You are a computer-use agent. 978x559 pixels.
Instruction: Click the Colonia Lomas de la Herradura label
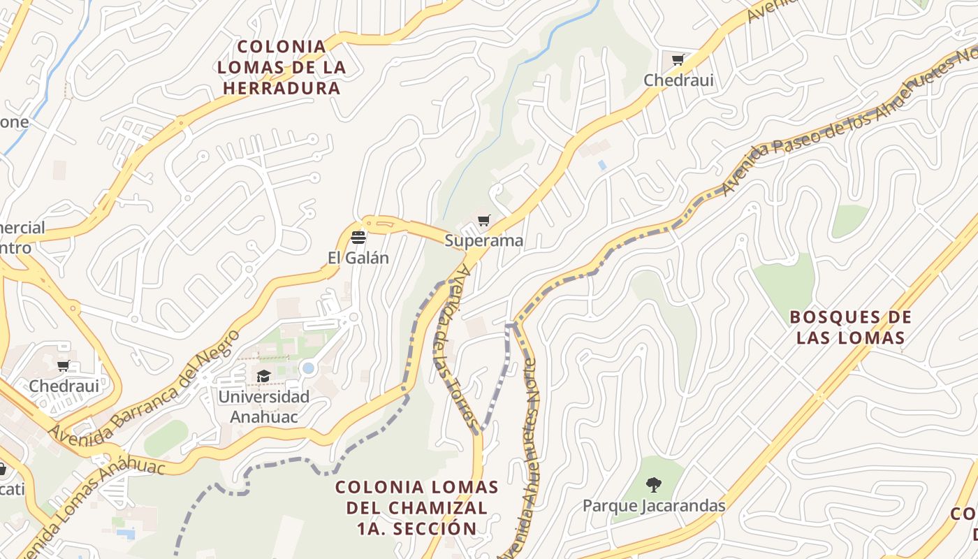pos(281,67)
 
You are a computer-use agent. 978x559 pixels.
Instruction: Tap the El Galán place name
pos(358,258)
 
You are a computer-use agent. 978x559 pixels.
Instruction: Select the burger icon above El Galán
pos(358,238)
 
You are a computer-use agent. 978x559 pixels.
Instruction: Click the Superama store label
pos(483,241)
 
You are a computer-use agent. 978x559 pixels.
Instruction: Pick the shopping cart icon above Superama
pos(483,221)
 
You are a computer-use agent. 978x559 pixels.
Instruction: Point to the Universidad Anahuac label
pos(263,407)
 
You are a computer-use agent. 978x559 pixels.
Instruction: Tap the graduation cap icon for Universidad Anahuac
pos(263,377)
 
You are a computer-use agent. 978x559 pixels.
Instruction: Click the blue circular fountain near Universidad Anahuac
pos(308,368)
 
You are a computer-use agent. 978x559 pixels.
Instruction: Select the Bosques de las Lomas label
pos(850,327)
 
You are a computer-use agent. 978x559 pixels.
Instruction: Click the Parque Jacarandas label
pos(654,505)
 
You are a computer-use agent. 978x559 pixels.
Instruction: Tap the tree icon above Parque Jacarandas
pos(654,484)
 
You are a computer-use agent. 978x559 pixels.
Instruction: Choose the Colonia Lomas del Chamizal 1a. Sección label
pos(416,507)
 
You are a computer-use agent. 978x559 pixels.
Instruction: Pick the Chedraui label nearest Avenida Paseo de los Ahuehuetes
pos(678,80)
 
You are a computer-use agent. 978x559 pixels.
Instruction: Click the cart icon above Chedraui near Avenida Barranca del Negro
pos(64,365)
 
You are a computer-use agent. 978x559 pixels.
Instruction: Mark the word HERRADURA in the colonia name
pos(281,89)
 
